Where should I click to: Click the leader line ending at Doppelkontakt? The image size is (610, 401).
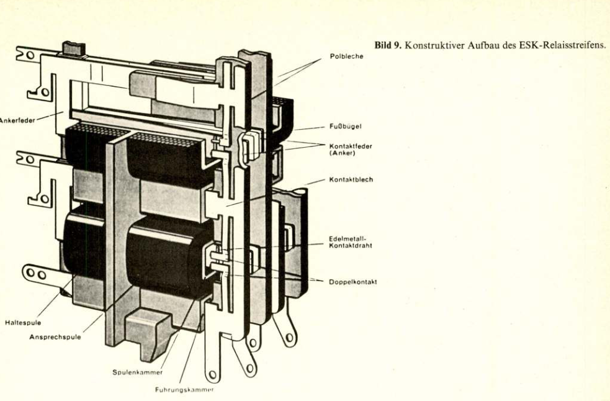tap(292, 277)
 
